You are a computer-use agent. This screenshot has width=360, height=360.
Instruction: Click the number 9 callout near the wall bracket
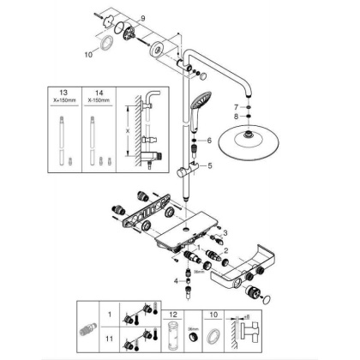tap(144, 18)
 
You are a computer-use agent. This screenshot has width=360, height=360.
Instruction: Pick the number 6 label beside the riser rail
tap(207, 140)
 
